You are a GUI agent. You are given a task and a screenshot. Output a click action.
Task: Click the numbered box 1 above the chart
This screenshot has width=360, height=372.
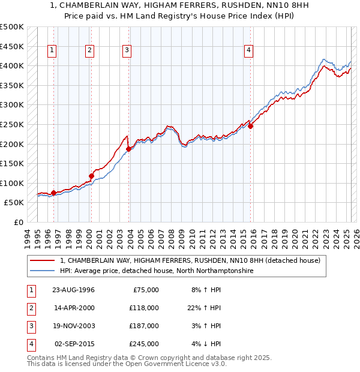[53, 51]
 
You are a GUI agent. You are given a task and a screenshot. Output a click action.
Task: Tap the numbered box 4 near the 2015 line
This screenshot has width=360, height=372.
[248, 51]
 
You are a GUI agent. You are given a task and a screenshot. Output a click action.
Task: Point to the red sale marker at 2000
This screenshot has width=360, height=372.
[91, 176]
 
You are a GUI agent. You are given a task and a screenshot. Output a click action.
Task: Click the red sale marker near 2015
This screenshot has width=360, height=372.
[250, 126]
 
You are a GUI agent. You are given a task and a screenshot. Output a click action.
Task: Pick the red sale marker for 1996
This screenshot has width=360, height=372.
[54, 193]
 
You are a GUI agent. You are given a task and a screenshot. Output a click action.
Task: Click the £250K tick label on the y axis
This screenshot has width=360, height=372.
[12, 125]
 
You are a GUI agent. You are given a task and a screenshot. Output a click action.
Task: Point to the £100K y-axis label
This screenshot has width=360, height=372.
[12, 183]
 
